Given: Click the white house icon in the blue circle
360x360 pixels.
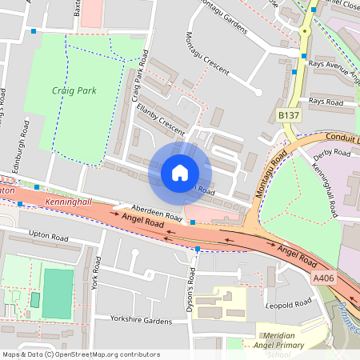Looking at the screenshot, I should [180, 172].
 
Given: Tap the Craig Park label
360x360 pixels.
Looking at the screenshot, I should [74, 91].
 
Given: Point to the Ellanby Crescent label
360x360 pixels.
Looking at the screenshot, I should [161, 126].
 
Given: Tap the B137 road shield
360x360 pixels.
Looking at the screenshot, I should [288, 116].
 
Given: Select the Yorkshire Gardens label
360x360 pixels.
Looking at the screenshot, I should [141, 320].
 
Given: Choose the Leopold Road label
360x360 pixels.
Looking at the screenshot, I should [290, 304].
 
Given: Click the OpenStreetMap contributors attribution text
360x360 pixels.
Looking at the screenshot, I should [80, 354].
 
